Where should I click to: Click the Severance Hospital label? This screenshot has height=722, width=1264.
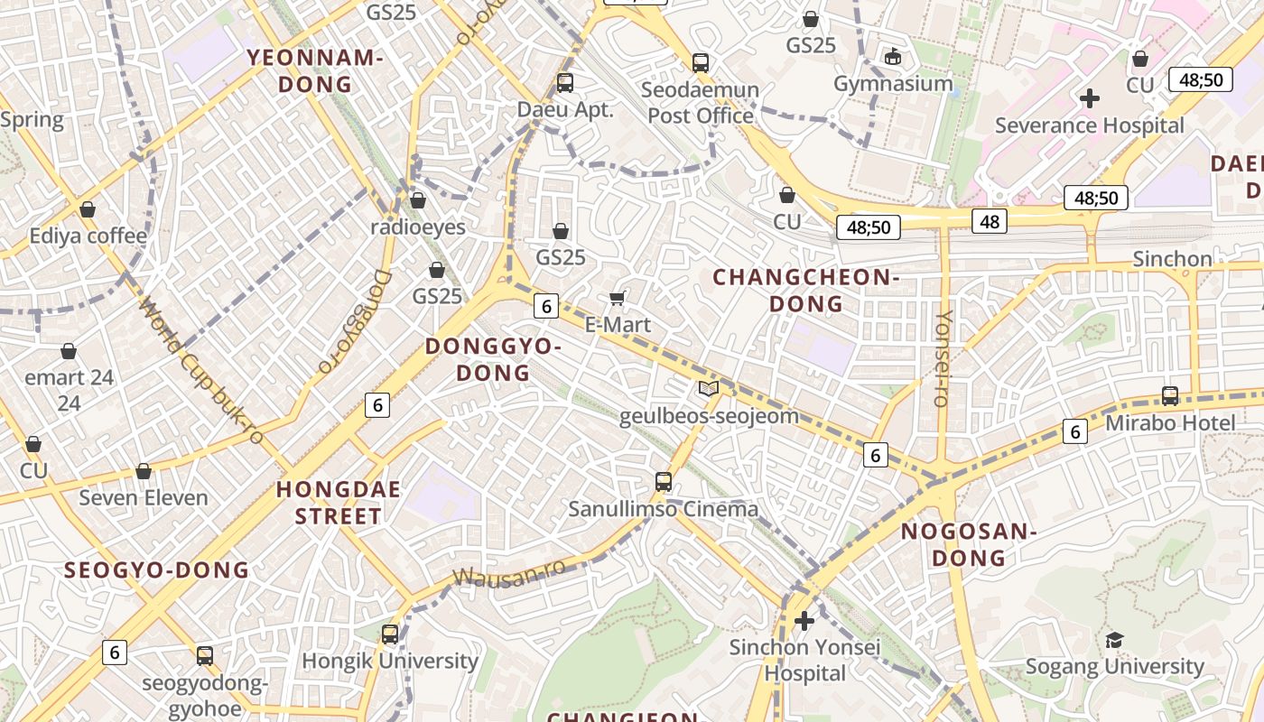1089,125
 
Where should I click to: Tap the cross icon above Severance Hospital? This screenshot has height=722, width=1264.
1090,98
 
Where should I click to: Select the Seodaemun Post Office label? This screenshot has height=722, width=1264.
701,103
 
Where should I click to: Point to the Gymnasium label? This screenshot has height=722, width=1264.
893,84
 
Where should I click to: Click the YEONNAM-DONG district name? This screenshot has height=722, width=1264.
315,71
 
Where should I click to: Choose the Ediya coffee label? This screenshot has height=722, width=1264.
88,236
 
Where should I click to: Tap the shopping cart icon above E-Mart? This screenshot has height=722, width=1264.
618,298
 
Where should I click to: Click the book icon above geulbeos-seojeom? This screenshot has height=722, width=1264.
709,389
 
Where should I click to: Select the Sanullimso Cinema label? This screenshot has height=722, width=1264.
664,509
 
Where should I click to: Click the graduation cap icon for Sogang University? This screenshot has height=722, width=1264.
1115,640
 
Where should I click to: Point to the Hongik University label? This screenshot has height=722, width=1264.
390,661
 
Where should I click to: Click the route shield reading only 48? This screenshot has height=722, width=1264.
990,220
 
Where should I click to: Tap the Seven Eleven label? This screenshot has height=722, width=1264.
144,498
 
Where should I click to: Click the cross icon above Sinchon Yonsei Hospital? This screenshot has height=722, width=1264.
804,621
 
